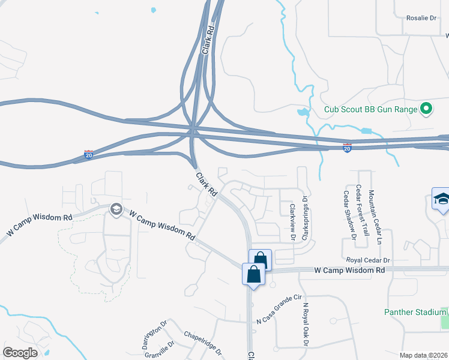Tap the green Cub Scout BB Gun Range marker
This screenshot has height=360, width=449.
click(426, 109)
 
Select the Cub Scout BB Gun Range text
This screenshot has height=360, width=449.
click(370, 109)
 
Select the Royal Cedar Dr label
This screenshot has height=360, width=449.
click(368, 260)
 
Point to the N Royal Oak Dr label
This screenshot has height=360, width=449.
click(305, 325)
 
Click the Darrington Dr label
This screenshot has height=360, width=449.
click(153, 331)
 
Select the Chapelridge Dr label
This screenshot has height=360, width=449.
click(202, 343)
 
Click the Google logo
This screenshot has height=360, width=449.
click(20, 353)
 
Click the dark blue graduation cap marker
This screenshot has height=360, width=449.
click(441, 200)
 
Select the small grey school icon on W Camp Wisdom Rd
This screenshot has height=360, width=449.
click(116, 209)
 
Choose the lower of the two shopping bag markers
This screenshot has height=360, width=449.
click(253, 275)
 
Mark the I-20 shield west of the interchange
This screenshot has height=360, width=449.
click(89, 154)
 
